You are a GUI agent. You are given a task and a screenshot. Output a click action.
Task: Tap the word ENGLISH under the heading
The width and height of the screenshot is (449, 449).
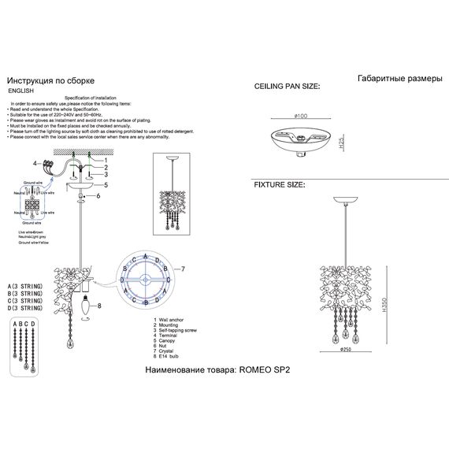(21, 91)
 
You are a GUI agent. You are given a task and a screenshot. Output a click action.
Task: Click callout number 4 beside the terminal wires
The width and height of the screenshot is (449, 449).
(35, 163)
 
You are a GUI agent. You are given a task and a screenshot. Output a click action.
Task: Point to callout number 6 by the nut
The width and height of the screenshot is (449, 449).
(99, 195)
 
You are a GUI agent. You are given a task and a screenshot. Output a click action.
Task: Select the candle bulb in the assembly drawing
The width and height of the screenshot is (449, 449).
(87, 309)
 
